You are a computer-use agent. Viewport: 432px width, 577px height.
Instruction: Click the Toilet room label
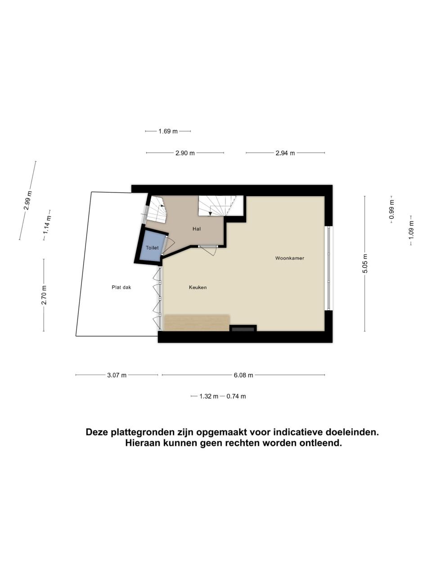tap(152, 247)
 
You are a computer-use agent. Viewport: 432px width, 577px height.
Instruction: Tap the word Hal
tap(197, 229)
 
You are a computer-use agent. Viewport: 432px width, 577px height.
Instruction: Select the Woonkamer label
tap(289, 258)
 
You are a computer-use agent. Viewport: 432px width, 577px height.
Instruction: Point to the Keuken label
tap(198, 288)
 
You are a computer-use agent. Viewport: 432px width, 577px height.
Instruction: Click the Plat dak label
tap(121, 288)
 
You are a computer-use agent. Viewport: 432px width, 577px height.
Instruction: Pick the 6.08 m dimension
tap(243, 375)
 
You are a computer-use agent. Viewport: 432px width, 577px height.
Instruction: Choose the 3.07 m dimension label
tap(117, 375)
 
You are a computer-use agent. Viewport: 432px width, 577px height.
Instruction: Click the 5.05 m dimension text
tap(365, 263)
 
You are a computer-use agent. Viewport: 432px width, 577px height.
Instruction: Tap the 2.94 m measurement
tap(285, 153)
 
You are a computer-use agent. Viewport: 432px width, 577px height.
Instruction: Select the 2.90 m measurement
tap(185, 153)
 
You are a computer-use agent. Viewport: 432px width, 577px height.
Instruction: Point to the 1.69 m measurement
tap(168, 131)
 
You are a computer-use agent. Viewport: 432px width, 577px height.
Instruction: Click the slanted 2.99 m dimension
tap(28, 201)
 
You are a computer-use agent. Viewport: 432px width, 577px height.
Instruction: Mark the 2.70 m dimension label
tap(44, 295)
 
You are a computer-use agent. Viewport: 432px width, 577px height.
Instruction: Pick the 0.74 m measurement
tap(236, 396)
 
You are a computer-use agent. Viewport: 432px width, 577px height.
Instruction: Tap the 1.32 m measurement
tap(209, 396)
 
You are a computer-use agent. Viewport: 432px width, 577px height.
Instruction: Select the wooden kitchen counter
tap(197, 323)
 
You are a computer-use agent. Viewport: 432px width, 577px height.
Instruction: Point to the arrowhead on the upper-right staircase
tap(210, 214)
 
